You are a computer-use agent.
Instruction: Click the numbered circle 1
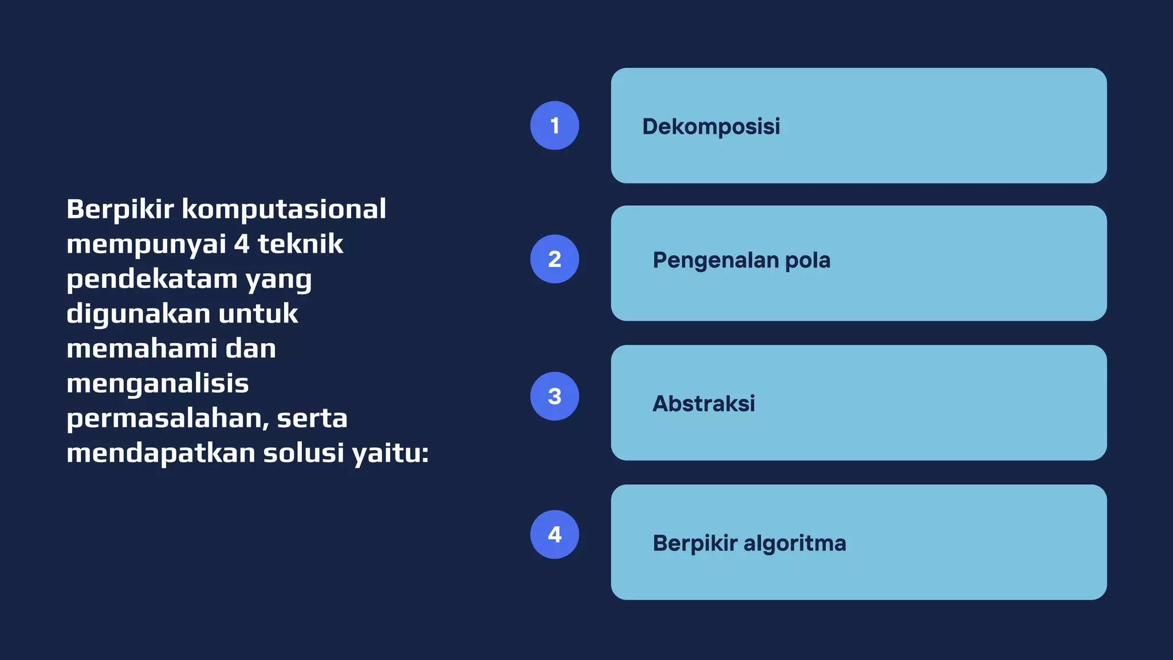(554, 125)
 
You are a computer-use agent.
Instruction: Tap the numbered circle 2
(554, 259)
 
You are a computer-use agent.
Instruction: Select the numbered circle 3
(554, 396)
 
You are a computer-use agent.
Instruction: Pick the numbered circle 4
(554, 534)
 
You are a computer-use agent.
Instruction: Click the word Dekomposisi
(711, 127)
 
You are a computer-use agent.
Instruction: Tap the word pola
(808, 261)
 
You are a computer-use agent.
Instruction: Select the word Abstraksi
(703, 403)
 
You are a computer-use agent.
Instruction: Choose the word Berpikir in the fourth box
(695, 543)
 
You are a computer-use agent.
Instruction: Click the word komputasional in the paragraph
(284, 209)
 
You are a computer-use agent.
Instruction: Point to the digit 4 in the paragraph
(242, 244)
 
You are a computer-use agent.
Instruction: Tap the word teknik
(300, 244)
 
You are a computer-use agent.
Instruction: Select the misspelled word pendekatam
(152, 279)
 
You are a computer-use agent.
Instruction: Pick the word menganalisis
(158, 384)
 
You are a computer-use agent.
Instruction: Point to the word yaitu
(390, 453)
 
